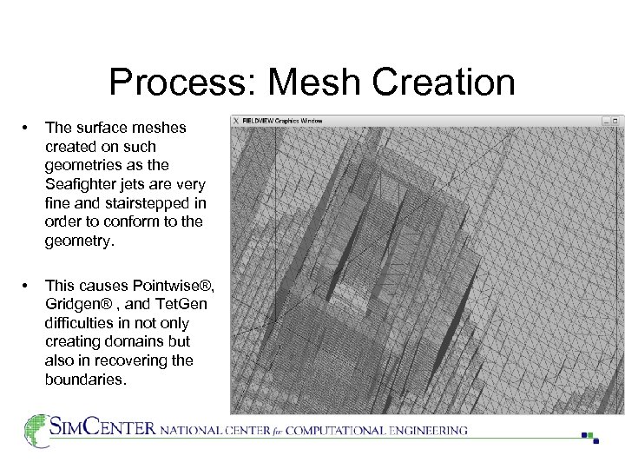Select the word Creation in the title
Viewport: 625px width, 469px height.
[x=436, y=83]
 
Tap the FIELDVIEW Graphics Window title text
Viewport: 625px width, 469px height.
[x=282, y=120]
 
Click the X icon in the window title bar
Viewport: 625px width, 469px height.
[x=236, y=120]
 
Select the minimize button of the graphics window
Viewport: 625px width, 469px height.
[x=606, y=120]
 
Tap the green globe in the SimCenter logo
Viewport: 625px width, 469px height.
[x=36, y=430]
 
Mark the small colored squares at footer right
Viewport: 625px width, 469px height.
[x=590, y=437]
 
